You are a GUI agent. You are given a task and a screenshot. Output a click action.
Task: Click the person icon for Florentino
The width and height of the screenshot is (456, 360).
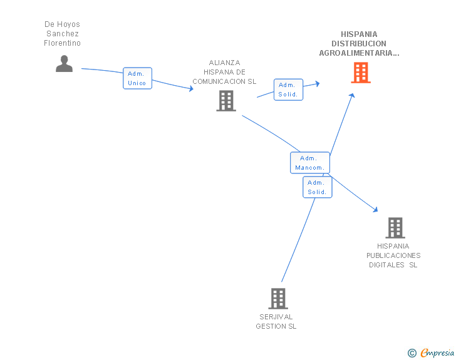[x=65, y=63]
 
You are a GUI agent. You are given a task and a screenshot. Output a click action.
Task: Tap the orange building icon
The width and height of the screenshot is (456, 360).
[x=361, y=73]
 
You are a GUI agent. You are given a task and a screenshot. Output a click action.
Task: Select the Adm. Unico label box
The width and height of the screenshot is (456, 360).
[x=138, y=78]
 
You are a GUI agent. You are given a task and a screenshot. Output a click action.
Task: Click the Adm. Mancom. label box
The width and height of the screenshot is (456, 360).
[x=310, y=163]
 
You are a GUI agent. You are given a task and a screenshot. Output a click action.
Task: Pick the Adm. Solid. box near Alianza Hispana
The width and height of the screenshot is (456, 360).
[x=289, y=90]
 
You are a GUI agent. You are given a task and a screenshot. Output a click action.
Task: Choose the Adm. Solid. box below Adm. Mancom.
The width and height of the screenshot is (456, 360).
[x=318, y=187]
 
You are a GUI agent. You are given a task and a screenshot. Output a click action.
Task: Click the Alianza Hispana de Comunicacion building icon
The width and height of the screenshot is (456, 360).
[x=226, y=101]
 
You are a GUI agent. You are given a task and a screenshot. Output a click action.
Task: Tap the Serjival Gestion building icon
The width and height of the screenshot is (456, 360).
[x=278, y=299]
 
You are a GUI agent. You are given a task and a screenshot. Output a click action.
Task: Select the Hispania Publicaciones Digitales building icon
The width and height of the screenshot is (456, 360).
[x=395, y=228]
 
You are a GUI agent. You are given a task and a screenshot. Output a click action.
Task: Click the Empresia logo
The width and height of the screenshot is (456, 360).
[x=437, y=352]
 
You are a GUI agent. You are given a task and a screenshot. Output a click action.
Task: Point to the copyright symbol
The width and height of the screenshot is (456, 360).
[x=412, y=353]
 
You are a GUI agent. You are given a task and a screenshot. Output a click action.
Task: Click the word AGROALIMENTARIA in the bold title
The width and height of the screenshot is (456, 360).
[x=356, y=53]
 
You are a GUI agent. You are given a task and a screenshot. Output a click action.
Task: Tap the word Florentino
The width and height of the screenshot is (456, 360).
[x=62, y=43]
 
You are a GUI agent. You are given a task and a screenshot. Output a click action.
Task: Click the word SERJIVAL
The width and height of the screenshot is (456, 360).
[x=276, y=317]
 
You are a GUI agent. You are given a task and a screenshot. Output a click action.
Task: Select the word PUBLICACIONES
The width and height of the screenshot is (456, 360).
[x=393, y=255]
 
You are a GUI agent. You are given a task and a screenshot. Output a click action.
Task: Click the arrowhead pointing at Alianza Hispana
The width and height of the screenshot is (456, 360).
[x=192, y=89]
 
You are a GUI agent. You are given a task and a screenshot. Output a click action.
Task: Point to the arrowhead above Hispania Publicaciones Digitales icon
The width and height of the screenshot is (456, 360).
[x=375, y=209]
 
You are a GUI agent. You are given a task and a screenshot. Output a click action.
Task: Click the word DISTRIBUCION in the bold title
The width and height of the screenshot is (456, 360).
[x=359, y=44]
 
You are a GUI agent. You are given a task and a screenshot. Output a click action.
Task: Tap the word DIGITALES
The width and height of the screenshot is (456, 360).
[x=386, y=265]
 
